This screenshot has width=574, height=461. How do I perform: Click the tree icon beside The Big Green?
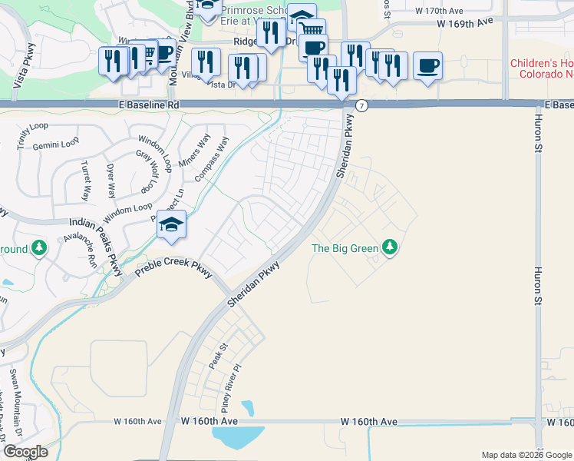(x=391, y=247)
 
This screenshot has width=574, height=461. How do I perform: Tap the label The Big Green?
(x=345, y=248)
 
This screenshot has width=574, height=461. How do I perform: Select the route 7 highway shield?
(x=361, y=105)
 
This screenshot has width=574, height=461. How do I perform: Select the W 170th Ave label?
(x=439, y=12)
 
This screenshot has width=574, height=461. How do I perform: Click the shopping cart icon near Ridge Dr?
(x=312, y=30)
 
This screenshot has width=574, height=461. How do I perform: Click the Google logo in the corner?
(x=25, y=452)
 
